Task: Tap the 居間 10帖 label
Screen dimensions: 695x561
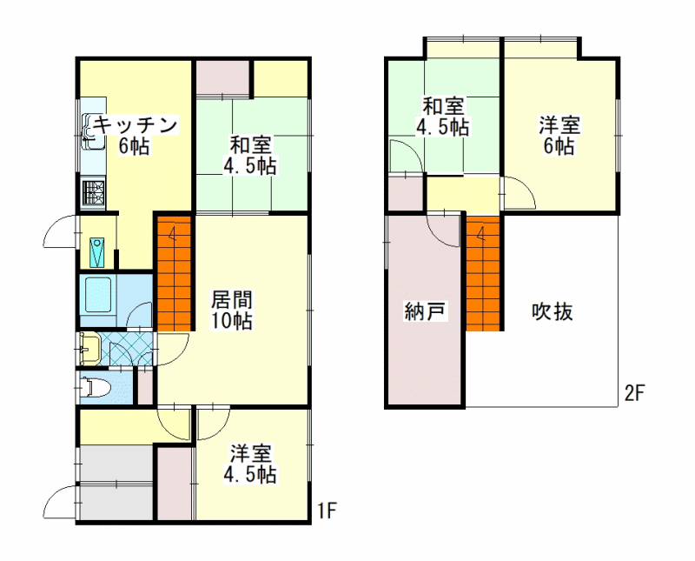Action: coord(231,311)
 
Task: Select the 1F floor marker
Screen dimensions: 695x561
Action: coord(328,511)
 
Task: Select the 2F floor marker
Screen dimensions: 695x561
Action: coord(634,393)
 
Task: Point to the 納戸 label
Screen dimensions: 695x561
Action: coord(425,311)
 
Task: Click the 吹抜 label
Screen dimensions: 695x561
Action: coord(553,311)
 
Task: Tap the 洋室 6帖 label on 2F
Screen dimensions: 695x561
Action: coord(559,136)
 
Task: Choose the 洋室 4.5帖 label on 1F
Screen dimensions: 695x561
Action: coord(250,464)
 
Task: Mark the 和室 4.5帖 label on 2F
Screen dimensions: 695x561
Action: coord(442,117)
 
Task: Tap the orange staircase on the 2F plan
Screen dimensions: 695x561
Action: coord(483,272)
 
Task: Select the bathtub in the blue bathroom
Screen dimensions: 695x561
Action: coord(97,296)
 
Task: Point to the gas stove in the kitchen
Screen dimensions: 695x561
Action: coord(93,192)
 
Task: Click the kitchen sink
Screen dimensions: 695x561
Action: coord(94,131)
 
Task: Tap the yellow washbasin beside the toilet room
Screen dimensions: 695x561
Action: coord(90,348)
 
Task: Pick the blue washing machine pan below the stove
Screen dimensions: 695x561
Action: coord(97,252)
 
